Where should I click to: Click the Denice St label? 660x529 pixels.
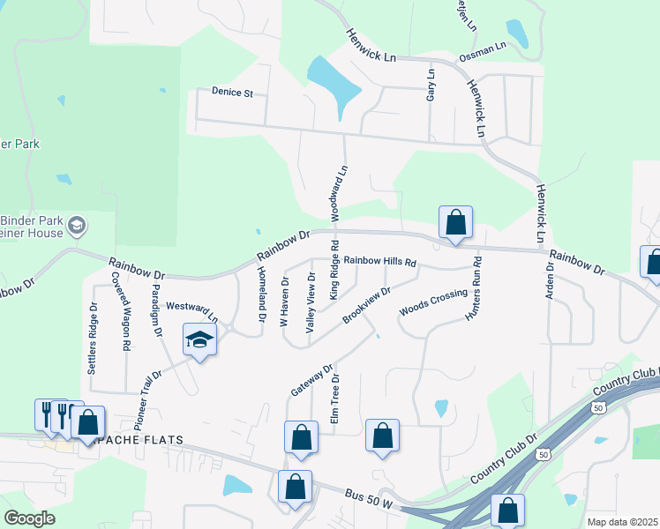pos(232,91)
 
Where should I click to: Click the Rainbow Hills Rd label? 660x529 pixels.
pos(379,261)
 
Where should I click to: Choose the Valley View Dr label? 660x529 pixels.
pos(311,302)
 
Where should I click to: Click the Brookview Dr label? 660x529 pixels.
pos(366,304)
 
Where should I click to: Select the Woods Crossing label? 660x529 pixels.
pos(432,302)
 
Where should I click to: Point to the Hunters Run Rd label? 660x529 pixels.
pos(476,287)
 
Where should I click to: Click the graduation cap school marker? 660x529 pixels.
pos(200,339)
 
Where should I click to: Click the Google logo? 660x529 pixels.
pos(29,518)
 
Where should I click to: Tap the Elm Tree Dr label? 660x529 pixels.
pos(335,400)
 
